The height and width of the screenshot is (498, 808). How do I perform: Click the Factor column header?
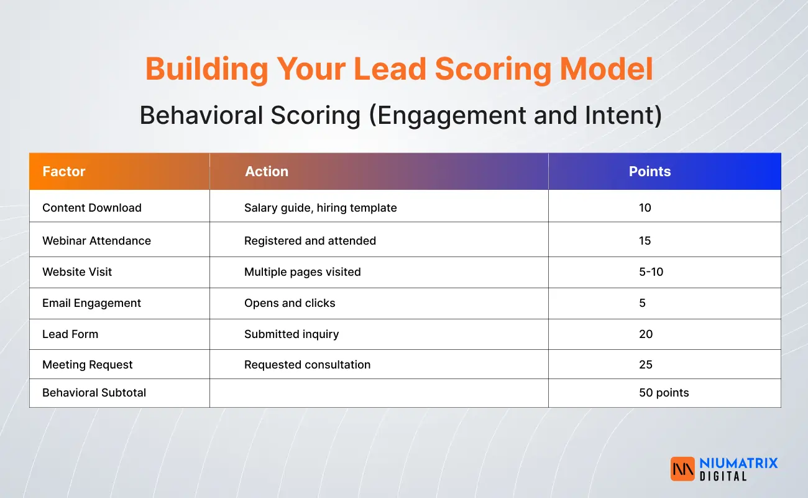click(64, 172)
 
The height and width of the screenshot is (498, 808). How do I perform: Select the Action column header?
click(267, 172)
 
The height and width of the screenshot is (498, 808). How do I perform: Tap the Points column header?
click(650, 172)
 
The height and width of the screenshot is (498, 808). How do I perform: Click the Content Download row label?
click(92, 208)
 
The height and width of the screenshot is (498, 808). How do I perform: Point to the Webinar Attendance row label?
click(96, 241)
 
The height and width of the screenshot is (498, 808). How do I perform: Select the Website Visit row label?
click(77, 272)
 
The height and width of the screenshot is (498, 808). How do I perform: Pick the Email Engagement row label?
click(91, 303)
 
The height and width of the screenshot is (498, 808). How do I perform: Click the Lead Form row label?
click(70, 334)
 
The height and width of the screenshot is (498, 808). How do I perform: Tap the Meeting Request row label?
click(88, 365)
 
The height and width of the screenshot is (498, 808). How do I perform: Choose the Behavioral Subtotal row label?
click(94, 393)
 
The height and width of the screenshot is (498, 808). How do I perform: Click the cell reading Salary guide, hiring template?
click(320, 208)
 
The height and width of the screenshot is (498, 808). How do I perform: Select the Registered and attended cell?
click(310, 241)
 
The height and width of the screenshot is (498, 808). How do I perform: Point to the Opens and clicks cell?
click(290, 303)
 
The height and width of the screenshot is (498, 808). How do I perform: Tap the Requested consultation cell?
click(307, 365)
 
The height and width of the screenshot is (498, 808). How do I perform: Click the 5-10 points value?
click(651, 272)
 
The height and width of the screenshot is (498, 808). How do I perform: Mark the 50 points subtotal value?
click(664, 393)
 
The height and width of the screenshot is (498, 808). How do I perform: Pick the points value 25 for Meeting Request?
click(646, 365)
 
